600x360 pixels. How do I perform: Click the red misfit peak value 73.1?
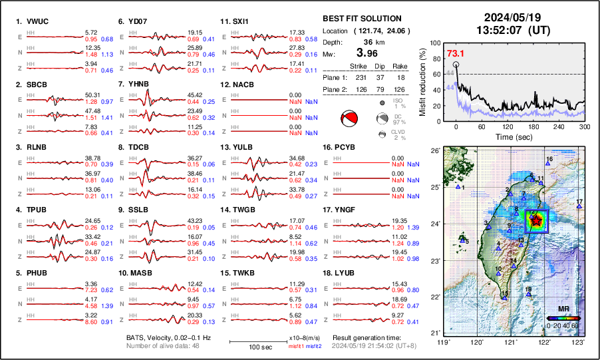[456, 53]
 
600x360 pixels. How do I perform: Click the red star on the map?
[536, 220]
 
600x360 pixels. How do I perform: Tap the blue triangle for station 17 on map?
[579, 207]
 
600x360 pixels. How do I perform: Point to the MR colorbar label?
[563, 309]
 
